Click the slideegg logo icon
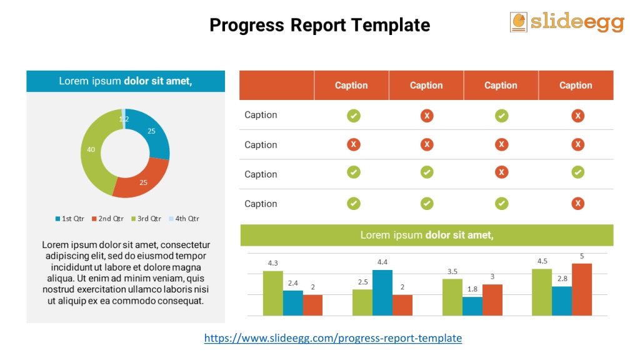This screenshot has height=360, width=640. pos(519,21)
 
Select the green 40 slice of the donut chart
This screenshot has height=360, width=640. pos(92,151)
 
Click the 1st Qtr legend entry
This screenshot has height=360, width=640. pos(70,219)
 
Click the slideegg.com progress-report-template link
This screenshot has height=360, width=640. pos(333,338)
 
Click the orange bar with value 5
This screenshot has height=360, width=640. pos(581,289)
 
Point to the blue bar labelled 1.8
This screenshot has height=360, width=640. pos(472,306)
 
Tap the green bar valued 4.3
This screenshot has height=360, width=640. pos(273,293)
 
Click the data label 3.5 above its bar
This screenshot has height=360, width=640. pos(452,271)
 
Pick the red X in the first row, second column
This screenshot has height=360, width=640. pos(427,116)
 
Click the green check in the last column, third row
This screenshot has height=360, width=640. pos(578,172)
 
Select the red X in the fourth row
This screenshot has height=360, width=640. pos(578,204)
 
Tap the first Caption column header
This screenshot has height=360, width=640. pos(351,86)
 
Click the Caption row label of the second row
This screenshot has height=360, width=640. pos(261,145)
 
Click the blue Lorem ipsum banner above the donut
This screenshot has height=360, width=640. pos(126,81)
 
